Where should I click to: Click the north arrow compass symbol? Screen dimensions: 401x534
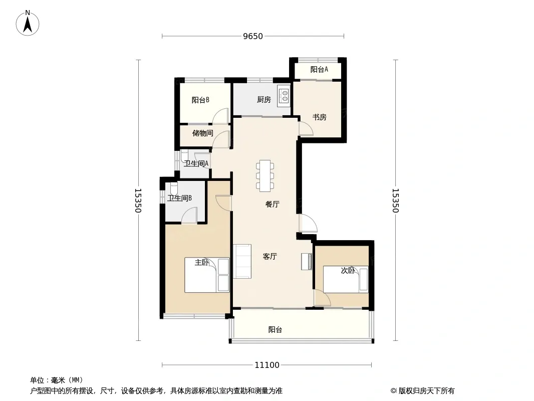point(28,23)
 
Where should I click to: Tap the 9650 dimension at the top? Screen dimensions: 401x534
point(253,36)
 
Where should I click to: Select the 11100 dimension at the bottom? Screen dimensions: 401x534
point(266,365)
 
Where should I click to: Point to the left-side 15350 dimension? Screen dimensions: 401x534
point(138,200)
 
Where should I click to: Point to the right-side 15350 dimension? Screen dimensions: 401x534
point(395,200)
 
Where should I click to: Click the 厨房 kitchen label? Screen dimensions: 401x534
point(264,100)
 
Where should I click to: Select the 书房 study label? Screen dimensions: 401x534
point(319,117)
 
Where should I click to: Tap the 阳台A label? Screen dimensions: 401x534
point(319,70)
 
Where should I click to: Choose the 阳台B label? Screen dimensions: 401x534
point(200,100)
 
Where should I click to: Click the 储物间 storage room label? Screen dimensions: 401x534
point(203,133)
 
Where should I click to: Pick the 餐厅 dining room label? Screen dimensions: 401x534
point(272,205)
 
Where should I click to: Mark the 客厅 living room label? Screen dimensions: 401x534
point(270,257)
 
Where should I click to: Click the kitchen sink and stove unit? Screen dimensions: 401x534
point(284,96)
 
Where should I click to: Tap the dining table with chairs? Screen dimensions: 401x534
point(265,175)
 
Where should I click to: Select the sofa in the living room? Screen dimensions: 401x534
point(242,261)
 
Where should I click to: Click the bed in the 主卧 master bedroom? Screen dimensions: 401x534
point(207,275)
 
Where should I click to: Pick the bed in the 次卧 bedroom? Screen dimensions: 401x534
point(346,279)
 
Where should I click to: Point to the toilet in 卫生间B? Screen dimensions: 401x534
point(173,189)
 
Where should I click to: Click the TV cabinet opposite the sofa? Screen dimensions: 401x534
point(306,262)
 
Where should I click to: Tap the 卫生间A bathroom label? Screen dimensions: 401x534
point(196,163)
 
